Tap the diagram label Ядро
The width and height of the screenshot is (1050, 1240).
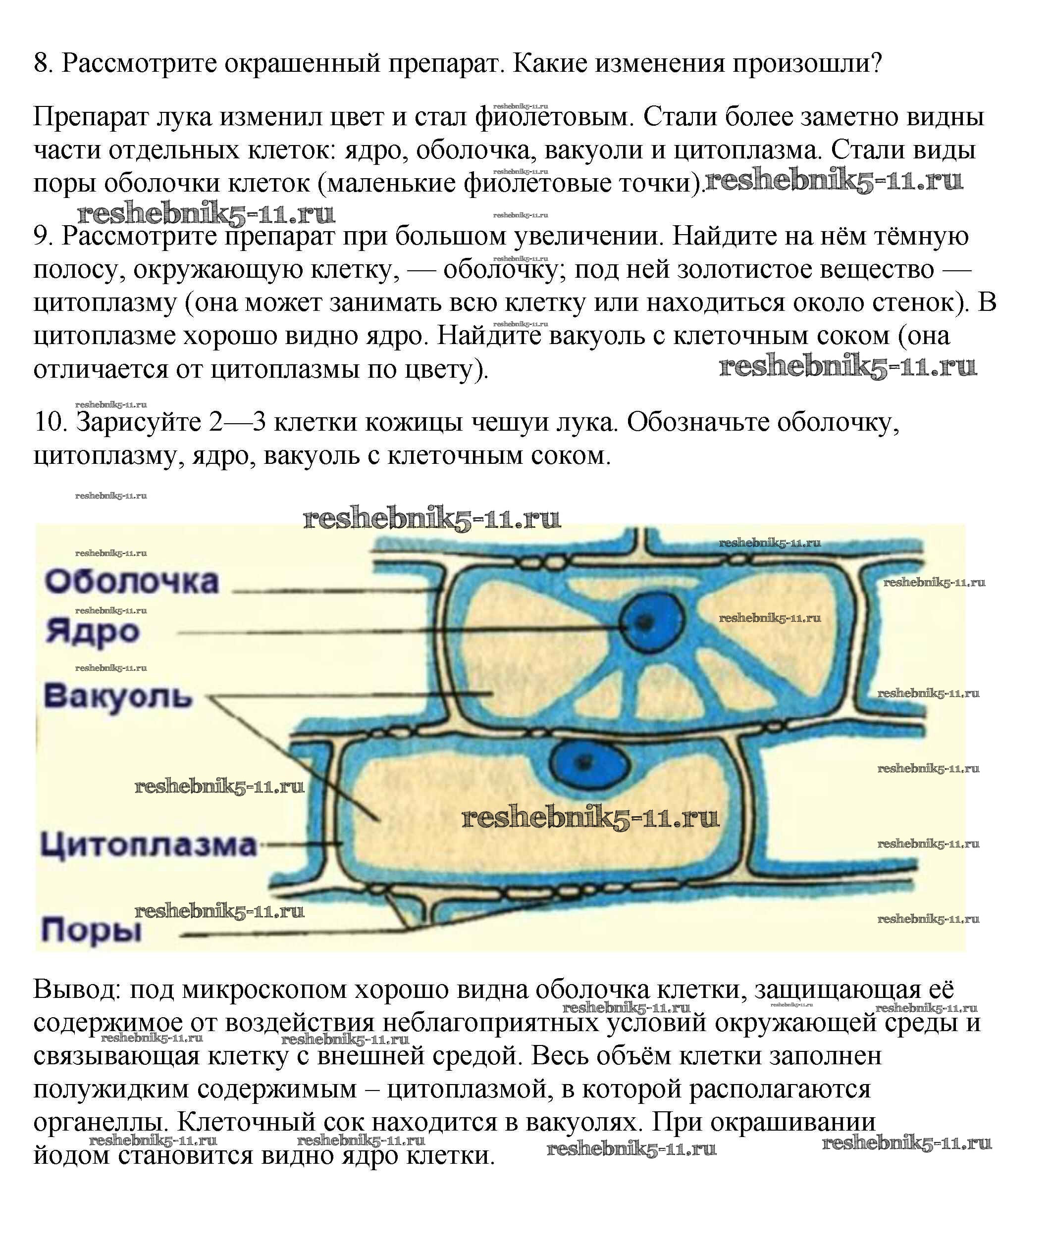[93, 632]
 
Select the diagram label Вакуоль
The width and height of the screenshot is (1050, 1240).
[118, 695]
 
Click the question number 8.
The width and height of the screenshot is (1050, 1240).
[44, 62]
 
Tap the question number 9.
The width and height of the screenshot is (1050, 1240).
[44, 236]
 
